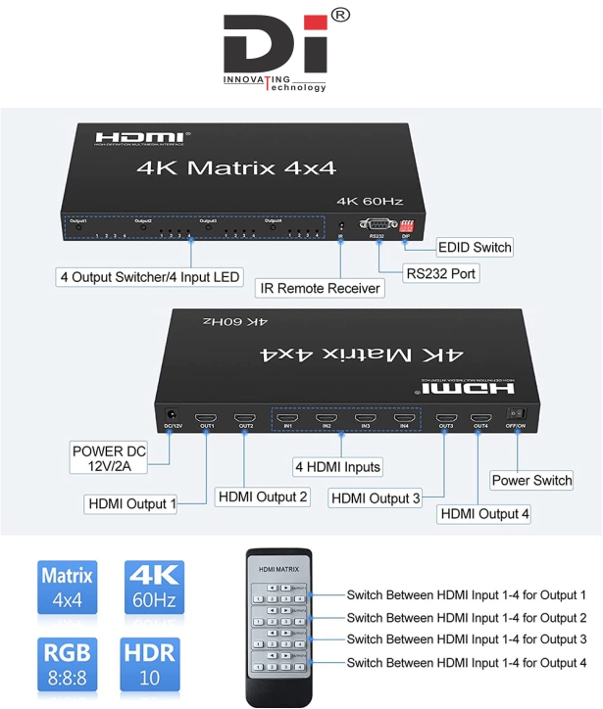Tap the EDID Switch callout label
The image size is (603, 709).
pyautogui.click(x=475, y=248)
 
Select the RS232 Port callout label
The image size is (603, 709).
pyautogui.click(x=440, y=274)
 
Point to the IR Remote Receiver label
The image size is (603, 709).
pyautogui.click(x=319, y=288)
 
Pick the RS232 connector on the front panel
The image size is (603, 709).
pyautogui.click(x=377, y=225)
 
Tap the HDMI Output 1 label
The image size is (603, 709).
pyautogui.click(x=132, y=504)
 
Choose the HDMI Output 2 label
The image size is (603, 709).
pyautogui.click(x=262, y=496)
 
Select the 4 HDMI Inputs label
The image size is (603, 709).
pyautogui.click(x=337, y=467)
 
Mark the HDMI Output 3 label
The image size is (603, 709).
pyautogui.click(x=376, y=498)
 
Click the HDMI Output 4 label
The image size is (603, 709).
pyautogui.click(x=484, y=513)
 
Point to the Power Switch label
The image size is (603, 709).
pyautogui.click(x=531, y=481)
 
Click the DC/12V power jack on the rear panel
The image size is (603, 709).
pyautogui.click(x=173, y=414)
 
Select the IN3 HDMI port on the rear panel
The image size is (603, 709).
pyautogui.click(x=365, y=415)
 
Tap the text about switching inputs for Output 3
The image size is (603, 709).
pyautogui.click(x=466, y=639)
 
